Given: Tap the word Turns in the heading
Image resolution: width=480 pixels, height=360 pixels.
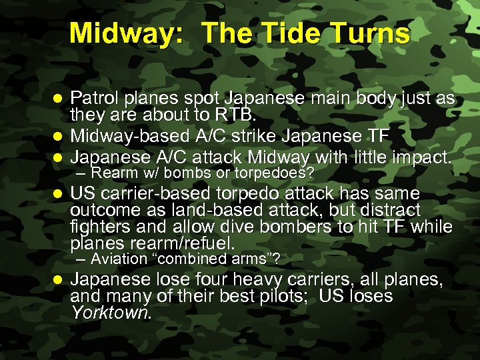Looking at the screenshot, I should tap(372, 33).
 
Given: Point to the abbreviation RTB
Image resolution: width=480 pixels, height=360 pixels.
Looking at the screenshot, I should tap(237, 116).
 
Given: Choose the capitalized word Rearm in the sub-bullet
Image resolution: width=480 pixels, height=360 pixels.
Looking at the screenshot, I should tap(113, 174).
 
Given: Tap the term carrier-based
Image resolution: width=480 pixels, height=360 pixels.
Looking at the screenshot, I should tap(150, 194).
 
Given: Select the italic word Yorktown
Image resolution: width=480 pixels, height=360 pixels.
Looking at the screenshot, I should tap(111, 313).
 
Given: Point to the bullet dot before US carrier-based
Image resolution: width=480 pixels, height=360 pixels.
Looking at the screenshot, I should tap(59, 195).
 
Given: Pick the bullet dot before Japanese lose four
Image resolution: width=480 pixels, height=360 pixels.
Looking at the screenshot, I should tap(59, 279).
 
